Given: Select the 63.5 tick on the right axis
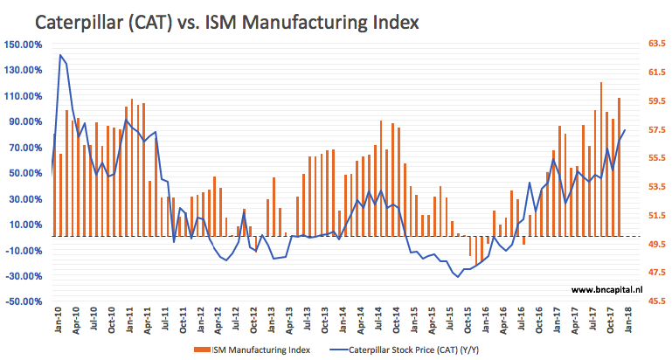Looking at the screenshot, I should coord(656,41).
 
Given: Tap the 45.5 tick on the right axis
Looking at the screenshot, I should coord(656,301).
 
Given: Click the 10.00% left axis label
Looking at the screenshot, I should coord(24,225).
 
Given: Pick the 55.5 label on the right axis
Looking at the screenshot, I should coord(656,158).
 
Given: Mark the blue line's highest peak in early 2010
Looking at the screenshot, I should coord(60,55).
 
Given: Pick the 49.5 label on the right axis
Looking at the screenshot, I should coord(656,245).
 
